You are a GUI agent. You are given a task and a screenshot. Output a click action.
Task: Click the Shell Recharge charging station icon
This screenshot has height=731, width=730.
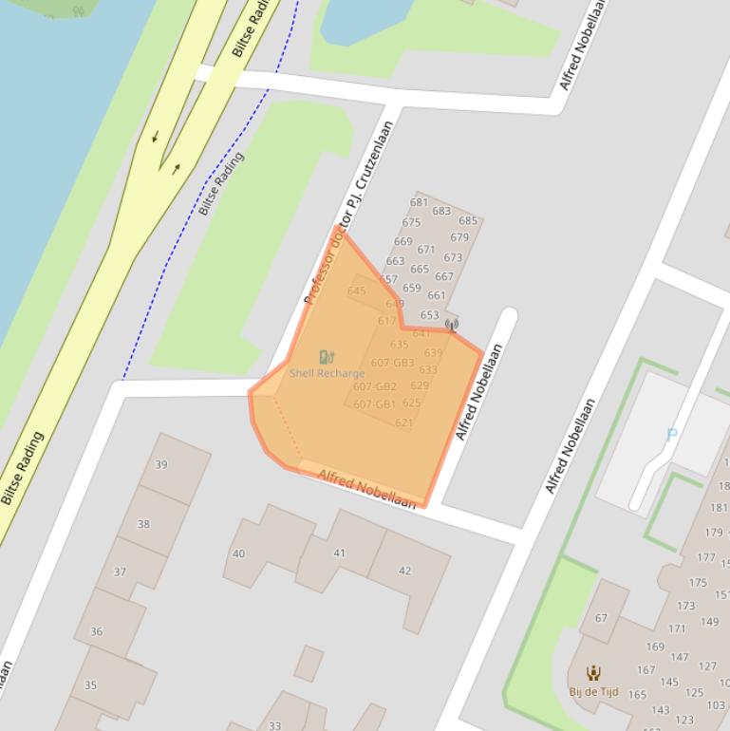point(327,357)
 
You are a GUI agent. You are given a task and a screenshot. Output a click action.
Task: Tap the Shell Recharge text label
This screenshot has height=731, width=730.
point(327,373)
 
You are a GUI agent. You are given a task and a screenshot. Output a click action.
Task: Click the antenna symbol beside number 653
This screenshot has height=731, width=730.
point(452,327)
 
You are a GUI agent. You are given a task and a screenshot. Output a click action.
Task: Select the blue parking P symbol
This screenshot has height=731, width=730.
point(672,435)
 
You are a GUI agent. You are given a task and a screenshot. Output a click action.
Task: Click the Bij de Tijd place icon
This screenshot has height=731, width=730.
point(593,673)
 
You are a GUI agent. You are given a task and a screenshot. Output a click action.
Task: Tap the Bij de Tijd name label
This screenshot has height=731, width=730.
point(593,691)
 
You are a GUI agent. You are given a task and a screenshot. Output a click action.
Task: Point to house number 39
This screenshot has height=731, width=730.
point(161,464)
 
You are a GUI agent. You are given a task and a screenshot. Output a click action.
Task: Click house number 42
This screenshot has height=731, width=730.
point(405,571)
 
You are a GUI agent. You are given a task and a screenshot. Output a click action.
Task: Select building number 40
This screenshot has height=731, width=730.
point(238,553)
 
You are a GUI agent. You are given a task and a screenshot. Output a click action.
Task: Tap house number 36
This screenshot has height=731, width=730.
point(96,631)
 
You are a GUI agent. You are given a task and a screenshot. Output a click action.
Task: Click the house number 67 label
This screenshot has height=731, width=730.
point(601,618)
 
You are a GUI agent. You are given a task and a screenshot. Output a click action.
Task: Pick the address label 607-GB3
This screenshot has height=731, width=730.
point(392,363)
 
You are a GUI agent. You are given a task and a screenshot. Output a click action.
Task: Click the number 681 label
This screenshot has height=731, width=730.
point(419,202)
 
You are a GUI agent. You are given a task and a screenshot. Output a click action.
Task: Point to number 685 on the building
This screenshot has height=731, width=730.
point(468,221)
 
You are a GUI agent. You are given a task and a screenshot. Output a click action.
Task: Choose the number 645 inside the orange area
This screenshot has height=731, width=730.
point(356,291)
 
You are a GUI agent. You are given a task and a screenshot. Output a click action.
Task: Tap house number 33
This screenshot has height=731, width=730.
point(274,725)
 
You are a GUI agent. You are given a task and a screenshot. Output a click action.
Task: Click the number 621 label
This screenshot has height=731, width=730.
point(404,422)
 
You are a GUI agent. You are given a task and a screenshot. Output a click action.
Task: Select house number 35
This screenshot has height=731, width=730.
point(90,684)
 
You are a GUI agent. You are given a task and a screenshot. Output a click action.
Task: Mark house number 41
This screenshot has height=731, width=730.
point(339,553)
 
